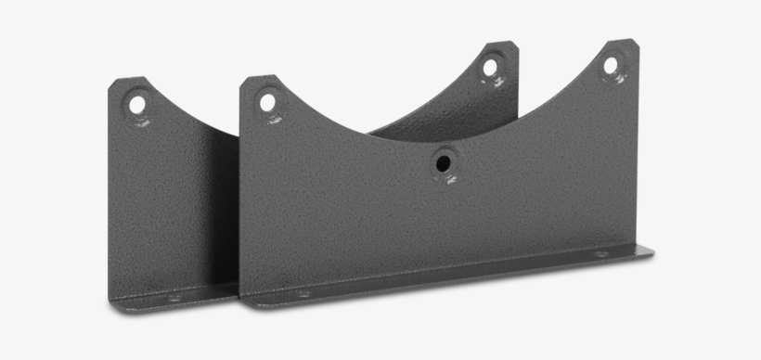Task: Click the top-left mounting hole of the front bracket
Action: click(x=267, y=101)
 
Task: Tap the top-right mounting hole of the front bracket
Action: click(x=611, y=65)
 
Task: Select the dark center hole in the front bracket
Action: click(x=444, y=163)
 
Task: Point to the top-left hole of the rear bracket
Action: click(x=137, y=103)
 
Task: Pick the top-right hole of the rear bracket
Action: click(x=489, y=67)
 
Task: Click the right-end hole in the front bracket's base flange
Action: click(x=600, y=253)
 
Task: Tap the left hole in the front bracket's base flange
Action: click(x=303, y=293)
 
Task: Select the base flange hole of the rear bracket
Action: click(x=174, y=298)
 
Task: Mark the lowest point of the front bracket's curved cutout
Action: click(x=436, y=142)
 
